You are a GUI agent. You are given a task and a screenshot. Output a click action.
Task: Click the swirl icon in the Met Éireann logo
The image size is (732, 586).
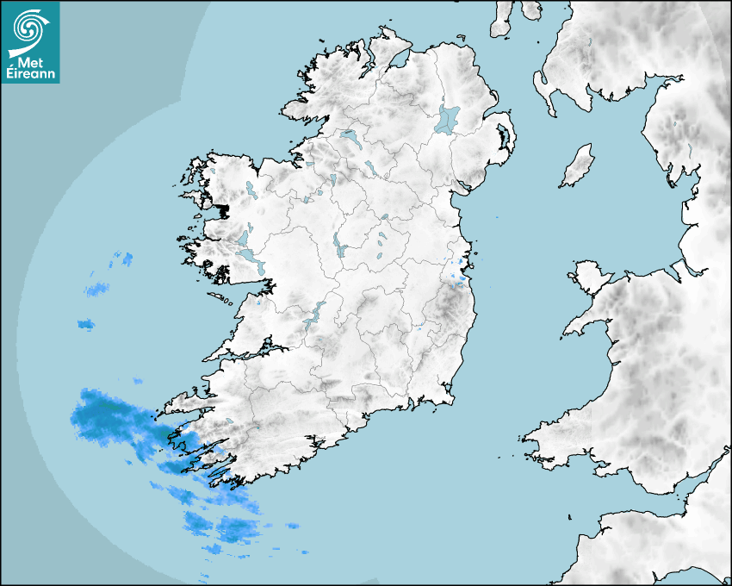point(28,28)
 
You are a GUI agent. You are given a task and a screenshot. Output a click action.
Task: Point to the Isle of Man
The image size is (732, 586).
point(578,165)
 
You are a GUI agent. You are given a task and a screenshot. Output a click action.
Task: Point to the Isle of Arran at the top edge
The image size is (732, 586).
point(502,19)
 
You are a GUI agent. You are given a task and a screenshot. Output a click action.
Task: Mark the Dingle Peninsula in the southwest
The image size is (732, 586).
point(185,401)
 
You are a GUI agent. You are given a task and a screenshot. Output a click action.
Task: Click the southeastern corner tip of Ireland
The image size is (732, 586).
point(453,398)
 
